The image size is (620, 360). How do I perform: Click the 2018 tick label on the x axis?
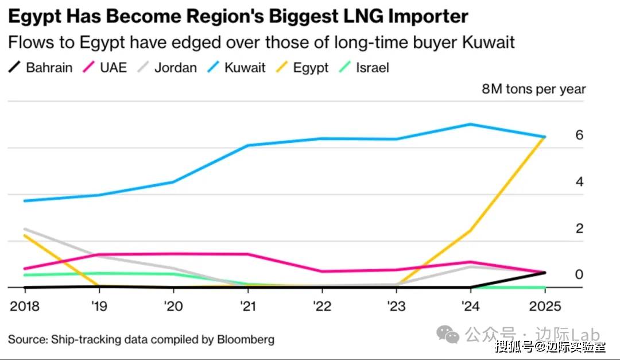24,305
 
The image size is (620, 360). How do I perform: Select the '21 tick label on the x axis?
247,305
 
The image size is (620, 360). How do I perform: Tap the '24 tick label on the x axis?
470,305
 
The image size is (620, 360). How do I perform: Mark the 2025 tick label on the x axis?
544,305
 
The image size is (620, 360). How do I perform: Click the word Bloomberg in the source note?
245,339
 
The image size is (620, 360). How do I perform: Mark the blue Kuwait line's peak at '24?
470,124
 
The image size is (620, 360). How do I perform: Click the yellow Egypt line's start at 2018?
24,235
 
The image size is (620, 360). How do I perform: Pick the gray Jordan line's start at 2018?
24,229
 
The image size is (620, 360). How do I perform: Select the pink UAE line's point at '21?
247,254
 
